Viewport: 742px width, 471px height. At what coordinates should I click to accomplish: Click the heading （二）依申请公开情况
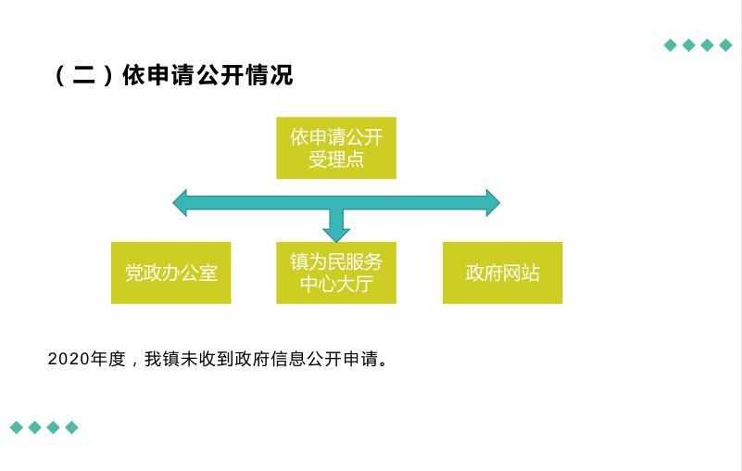(x=173, y=75)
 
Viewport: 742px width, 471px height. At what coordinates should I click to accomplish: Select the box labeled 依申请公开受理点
(x=336, y=147)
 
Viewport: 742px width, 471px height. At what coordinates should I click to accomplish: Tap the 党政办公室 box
(x=170, y=273)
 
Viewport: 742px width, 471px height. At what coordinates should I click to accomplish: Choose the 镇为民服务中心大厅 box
(x=336, y=273)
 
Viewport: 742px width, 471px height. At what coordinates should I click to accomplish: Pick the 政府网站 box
(x=503, y=273)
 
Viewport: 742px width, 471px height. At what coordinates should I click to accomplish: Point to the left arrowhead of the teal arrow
(x=180, y=203)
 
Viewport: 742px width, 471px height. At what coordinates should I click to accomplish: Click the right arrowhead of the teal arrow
(x=493, y=203)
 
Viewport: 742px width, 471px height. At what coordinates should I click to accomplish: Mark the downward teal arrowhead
(x=336, y=235)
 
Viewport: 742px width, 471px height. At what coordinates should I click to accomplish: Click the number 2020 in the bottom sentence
(x=69, y=359)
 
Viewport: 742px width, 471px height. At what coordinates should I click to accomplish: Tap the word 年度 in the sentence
(x=107, y=359)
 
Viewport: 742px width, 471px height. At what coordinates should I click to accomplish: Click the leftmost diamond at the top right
(x=670, y=45)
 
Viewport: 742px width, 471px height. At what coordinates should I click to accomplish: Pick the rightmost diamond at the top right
(x=725, y=45)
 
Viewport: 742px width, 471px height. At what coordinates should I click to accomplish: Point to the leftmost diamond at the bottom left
(x=17, y=427)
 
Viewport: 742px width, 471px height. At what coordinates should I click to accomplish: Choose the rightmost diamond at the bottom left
(x=72, y=427)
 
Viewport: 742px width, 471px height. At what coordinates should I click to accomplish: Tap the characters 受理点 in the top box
(x=336, y=159)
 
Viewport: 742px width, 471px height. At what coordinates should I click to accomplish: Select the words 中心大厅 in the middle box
(x=336, y=285)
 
